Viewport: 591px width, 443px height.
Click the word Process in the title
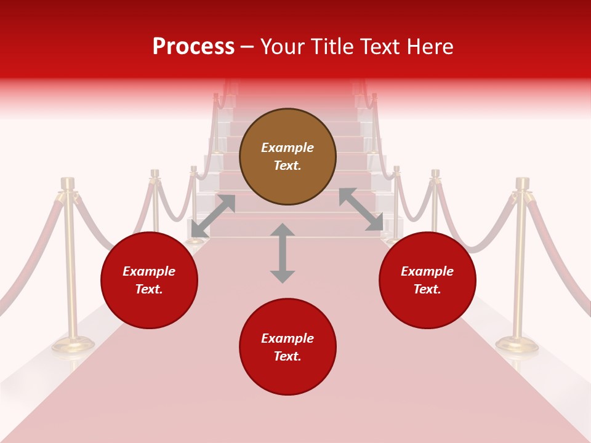click(x=193, y=47)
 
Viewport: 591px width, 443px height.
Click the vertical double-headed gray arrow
click(x=283, y=253)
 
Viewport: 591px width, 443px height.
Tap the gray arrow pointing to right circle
click(x=361, y=210)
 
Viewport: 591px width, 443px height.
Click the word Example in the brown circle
click(x=287, y=148)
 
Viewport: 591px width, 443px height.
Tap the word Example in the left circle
click(x=149, y=271)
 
